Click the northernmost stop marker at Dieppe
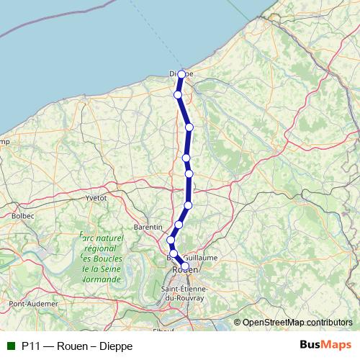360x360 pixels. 181,74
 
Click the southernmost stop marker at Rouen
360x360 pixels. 185,266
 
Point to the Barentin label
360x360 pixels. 148,227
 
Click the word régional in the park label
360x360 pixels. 100,247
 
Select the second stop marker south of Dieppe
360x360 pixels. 189,127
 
